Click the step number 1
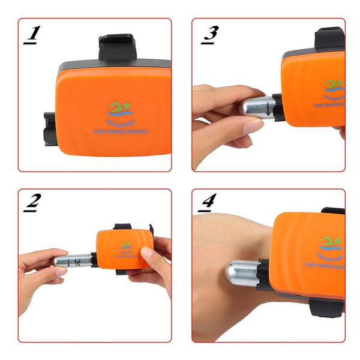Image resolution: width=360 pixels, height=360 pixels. (31, 35)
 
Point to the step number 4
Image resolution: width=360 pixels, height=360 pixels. (208, 204)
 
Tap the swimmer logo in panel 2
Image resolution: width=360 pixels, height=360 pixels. (125, 246)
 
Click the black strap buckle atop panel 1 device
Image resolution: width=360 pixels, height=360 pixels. (117, 47)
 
